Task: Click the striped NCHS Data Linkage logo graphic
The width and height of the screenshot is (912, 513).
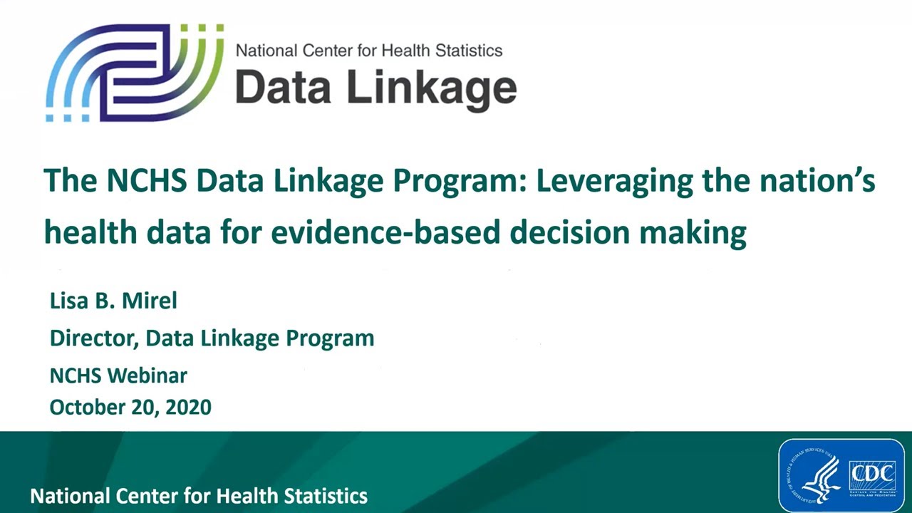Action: point(135,73)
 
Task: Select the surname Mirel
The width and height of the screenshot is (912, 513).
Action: point(152,300)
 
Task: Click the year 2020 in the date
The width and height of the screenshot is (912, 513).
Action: point(188,407)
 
